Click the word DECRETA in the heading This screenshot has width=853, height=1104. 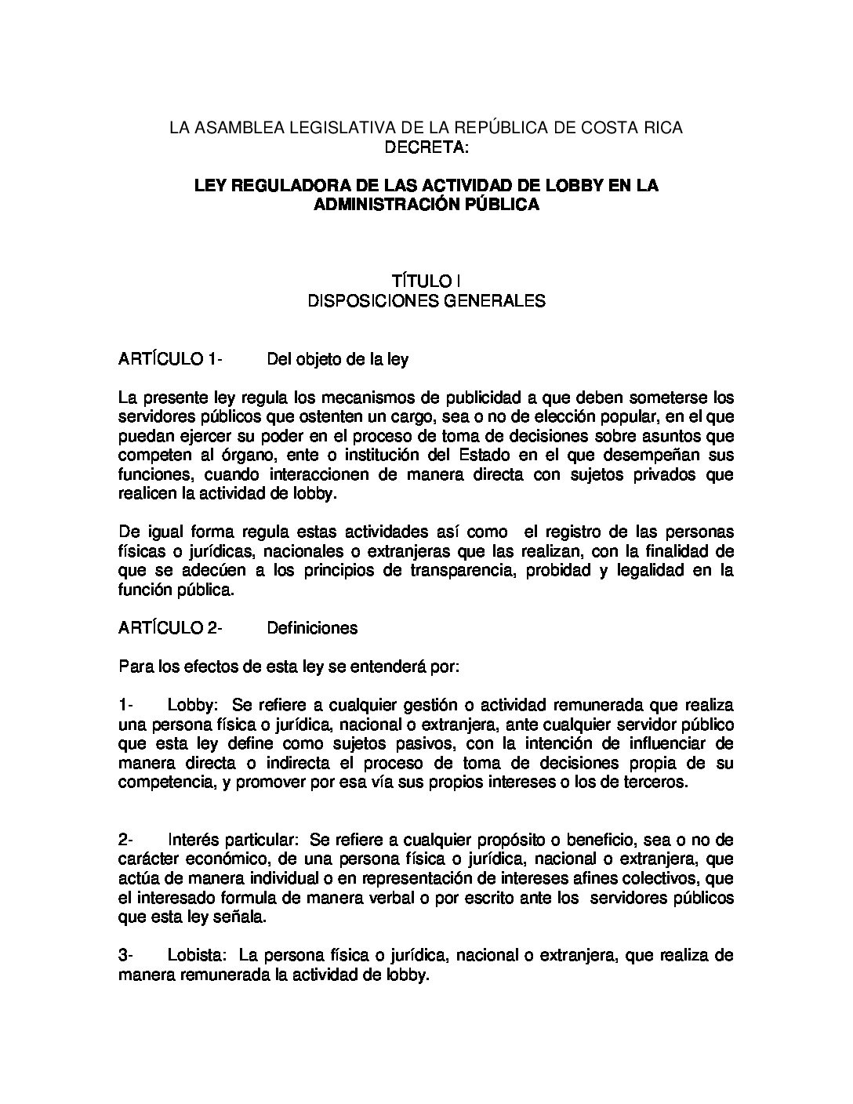(x=426, y=147)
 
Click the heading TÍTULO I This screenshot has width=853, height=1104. (x=426, y=281)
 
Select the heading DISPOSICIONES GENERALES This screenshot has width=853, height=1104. (x=426, y=300)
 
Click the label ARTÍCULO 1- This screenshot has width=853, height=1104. (x=170, y=360)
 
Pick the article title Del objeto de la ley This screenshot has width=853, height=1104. (x=337, y=360)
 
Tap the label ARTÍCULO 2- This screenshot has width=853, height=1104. (x=170, y=628)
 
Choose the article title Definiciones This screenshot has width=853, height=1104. (x=312, y=628)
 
